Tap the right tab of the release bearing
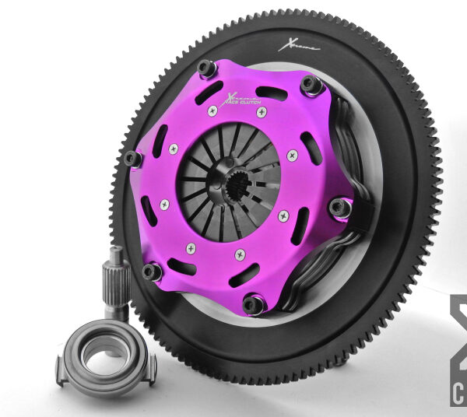[150, 366]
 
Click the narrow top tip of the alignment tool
[115, 254]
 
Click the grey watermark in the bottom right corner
[458, 350]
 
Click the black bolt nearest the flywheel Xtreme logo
[311, 83]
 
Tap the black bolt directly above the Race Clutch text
[207, 68]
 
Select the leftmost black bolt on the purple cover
[133, 159]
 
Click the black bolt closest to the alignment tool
[153, 272]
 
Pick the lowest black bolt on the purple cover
[253, 304]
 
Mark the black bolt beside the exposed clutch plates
[339, 207]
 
